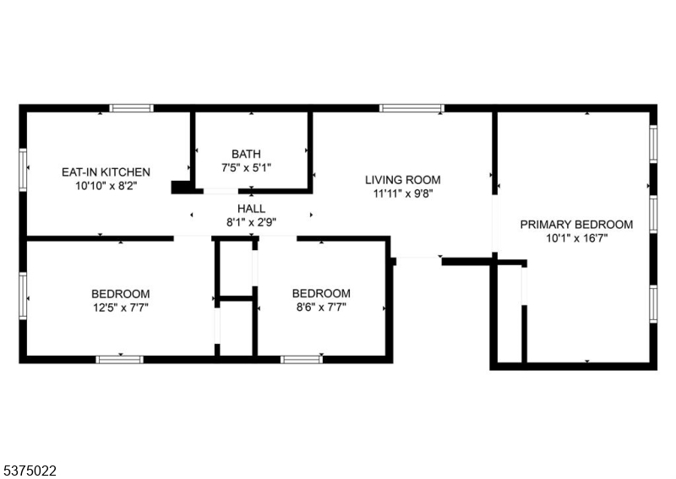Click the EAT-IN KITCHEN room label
tap(106, 172)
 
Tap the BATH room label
tap(246, 154)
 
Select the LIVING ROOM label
tap(403, 180)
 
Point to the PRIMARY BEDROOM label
tap(576, 224)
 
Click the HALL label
tap(251, 209)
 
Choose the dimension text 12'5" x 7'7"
tap(121, 308)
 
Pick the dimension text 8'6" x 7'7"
tap(321, 308)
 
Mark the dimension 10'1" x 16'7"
tap(577, 238)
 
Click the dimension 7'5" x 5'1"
tap(246, 168)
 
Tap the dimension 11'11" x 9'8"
tap(403, 193)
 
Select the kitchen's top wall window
tap(131, 108)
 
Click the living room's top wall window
tap(412, 108)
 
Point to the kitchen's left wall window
tap(23, 170)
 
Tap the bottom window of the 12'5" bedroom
tap(119, 360)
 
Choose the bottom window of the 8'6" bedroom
tap(302, 360)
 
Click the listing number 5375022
tap(29, 471)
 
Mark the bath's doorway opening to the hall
tap(221, 191)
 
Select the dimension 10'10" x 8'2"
tap(106, 186)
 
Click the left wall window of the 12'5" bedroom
tap(23, 296)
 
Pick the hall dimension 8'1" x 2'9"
tap(251, 222)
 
